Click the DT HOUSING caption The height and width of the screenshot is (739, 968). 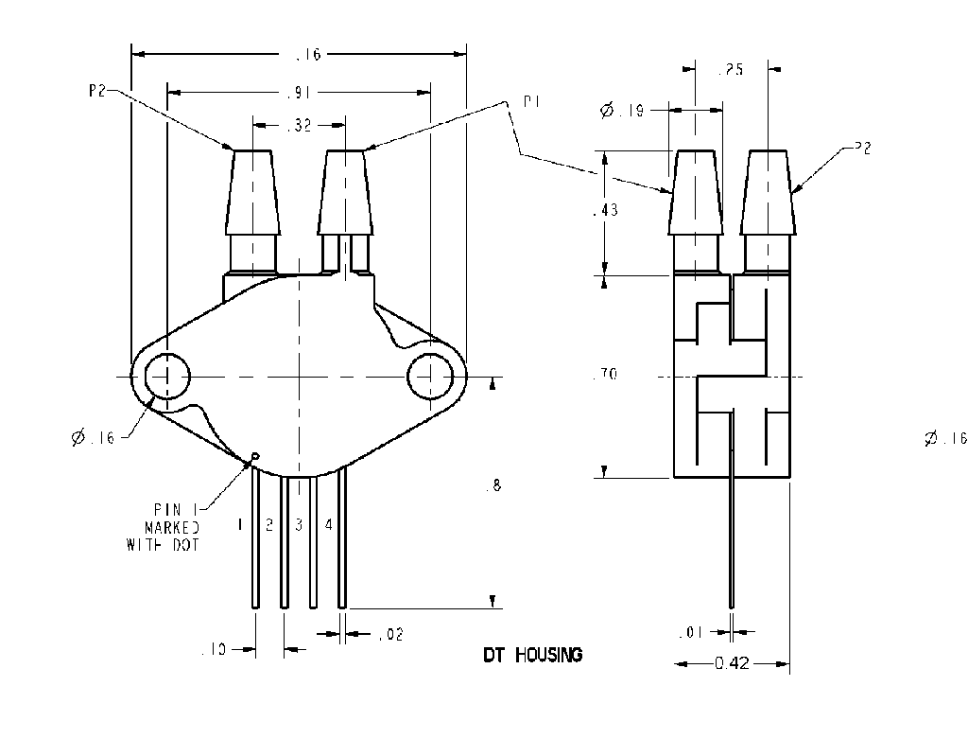point(532,655)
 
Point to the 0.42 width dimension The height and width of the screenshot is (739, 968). point(732,664)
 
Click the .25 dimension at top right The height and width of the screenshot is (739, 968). point(732,69)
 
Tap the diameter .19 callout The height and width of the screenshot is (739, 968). point(623,111)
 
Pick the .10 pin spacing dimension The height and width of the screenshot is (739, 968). point(215,649)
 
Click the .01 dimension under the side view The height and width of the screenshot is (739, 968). point(692,632)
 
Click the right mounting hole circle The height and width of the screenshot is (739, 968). point(431,377)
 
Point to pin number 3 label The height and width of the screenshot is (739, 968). point(299,524)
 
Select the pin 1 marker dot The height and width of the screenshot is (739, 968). point(253,461)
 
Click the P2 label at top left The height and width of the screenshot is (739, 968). point(97,91)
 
